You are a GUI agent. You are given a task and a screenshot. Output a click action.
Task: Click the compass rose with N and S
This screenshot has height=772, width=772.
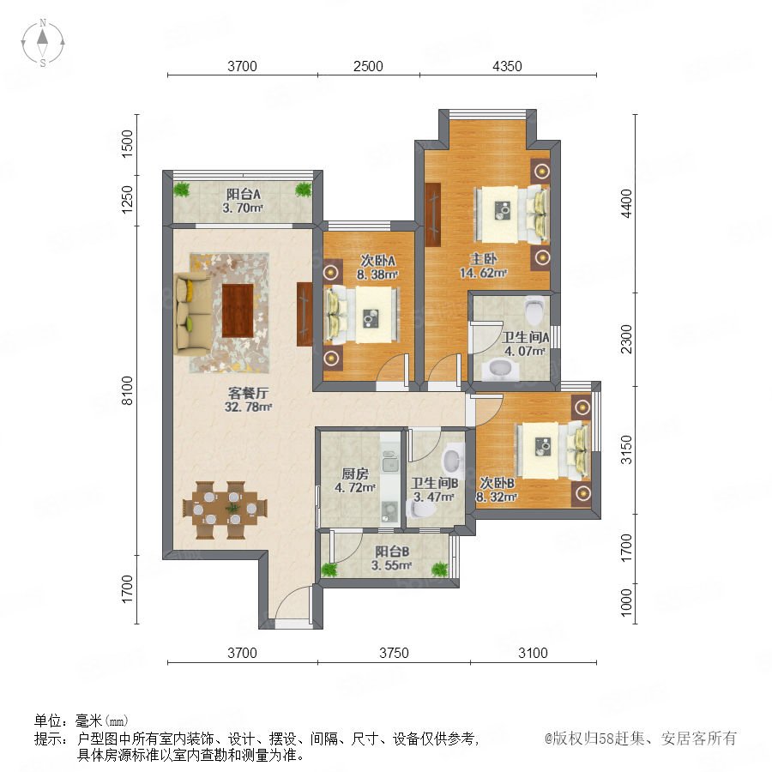[x=43, y=43]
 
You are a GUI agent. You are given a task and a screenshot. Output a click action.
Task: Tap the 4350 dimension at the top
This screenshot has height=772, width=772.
[x=507, y=66]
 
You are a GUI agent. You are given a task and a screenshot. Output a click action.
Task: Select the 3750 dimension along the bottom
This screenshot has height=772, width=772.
[x=394, y=653]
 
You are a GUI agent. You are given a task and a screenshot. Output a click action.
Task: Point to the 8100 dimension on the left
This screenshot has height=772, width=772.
[x=127, y=390]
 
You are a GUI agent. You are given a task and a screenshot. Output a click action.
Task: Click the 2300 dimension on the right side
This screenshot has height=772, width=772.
[x=626, y=339]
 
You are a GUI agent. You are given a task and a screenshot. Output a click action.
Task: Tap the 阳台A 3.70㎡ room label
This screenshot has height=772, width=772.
[x=243, y=201]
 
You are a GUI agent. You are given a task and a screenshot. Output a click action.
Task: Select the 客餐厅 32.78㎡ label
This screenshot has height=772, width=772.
[x=248, y=400]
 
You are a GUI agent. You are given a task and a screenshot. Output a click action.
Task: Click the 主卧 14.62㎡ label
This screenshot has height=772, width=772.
[x=483, y=265]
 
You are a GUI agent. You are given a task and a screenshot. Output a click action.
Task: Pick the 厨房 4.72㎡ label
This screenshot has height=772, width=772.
[x=355, y=480]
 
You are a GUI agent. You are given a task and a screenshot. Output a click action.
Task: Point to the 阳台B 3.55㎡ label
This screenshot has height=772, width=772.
[x=391, y=558]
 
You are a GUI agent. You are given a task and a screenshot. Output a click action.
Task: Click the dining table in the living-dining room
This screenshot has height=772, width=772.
[x=225, y=510]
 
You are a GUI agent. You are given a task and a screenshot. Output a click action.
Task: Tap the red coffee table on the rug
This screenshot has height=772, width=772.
[x=238, y=311]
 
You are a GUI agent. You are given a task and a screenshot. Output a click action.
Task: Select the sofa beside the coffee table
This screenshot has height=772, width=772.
[x=193, y=314]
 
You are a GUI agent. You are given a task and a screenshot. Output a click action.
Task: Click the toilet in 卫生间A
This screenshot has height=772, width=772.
[x=534, y=309]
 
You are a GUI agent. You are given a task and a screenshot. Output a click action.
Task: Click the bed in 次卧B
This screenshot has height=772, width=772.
[x=553, y=450]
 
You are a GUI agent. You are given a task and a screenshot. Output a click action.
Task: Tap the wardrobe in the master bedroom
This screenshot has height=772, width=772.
[x=433, y=214]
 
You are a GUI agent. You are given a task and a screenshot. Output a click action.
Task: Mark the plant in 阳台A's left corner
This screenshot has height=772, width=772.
[x=182, y=190]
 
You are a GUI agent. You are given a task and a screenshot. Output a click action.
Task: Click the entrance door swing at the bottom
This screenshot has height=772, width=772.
[x=293, y=601]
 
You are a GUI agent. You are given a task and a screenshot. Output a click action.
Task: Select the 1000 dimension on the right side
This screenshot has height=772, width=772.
[x=626, y=602]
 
